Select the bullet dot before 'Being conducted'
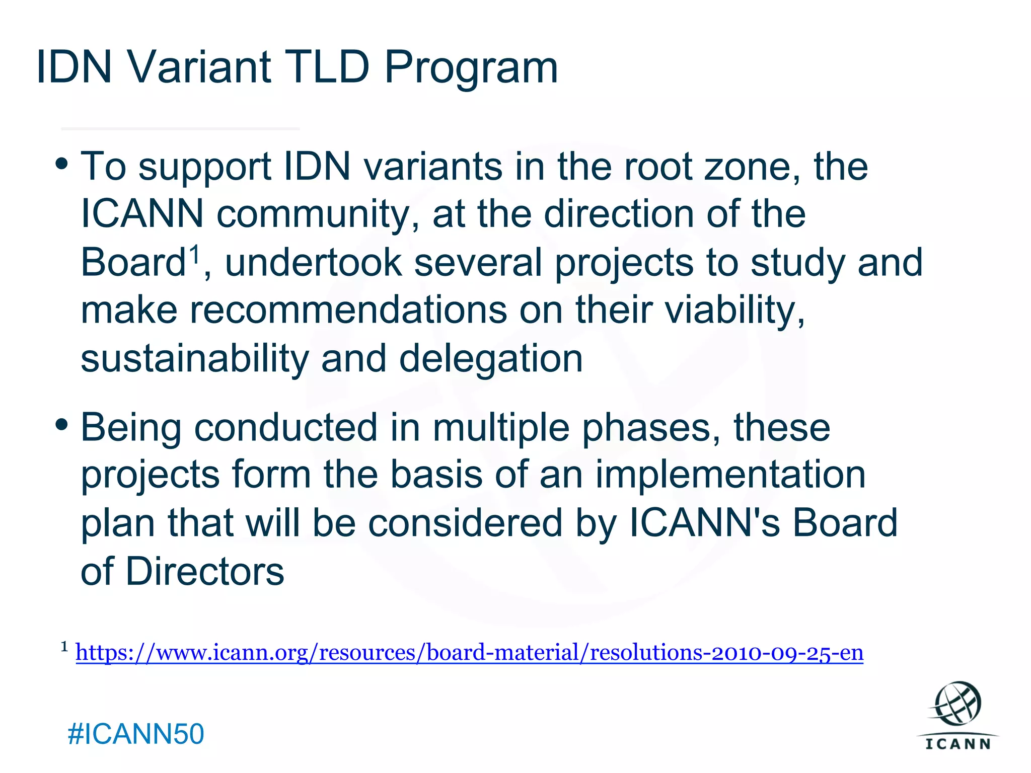62,424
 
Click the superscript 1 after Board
194,254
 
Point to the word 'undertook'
313,263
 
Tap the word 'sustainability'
194,359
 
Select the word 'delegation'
491,359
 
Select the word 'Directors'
205,572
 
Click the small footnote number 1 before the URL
64,647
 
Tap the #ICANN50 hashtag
136,734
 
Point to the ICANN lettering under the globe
958,744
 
